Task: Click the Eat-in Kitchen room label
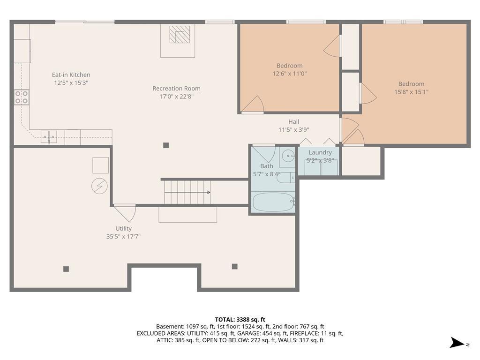(71, 75)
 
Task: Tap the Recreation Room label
(176, 89)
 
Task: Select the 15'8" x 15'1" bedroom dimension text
(411, 92)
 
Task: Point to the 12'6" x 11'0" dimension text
(289, 74)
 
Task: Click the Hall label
(293, 121)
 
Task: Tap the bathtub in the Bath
(273, 202)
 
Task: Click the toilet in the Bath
(286, 178)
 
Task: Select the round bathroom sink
(288, 156)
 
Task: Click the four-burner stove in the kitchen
(22, 97)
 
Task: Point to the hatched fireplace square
(180, 34)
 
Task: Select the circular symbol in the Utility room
(99, 186)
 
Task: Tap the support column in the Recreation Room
(166, 145)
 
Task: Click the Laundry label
(320, 152)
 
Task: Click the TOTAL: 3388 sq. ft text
(240, 320)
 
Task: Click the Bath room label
(267, 166)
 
